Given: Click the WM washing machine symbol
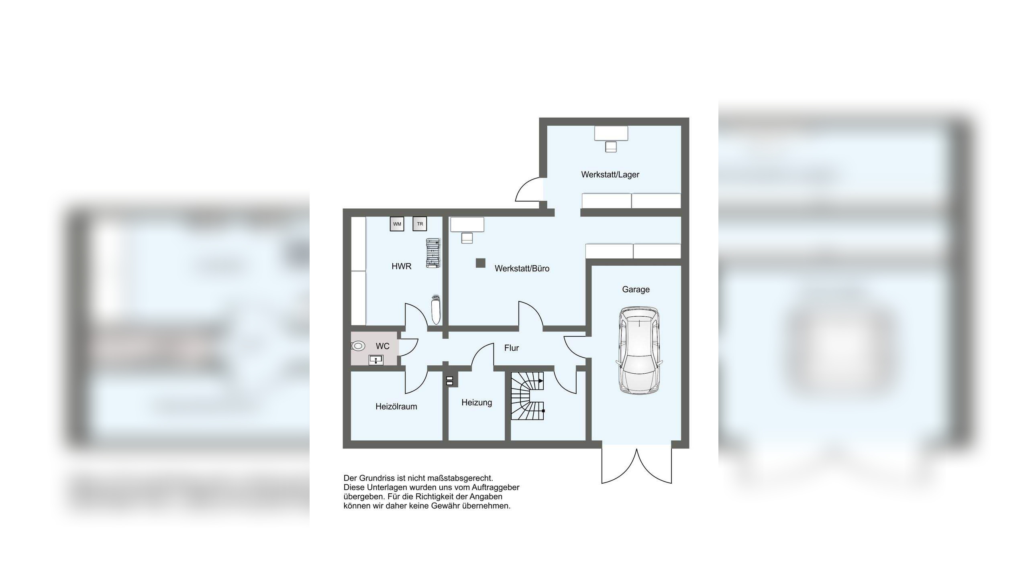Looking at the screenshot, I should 397,224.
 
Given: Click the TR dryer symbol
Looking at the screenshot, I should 420,224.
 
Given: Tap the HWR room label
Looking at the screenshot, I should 401,266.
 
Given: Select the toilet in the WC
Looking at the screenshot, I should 358,346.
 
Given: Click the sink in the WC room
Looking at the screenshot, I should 376,360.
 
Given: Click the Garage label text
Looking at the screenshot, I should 636,289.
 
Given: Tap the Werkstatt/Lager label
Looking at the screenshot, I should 610,175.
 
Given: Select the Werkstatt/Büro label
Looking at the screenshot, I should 522,269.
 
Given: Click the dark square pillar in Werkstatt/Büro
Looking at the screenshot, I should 480,263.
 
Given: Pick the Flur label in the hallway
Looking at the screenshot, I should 511,348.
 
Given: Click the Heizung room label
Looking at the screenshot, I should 476,403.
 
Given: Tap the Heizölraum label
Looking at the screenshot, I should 396,407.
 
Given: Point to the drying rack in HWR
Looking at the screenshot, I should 433,253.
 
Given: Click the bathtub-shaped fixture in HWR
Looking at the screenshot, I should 435,310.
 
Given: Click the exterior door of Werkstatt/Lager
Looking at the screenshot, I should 528,189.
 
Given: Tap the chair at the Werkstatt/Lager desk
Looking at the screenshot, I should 611,147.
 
